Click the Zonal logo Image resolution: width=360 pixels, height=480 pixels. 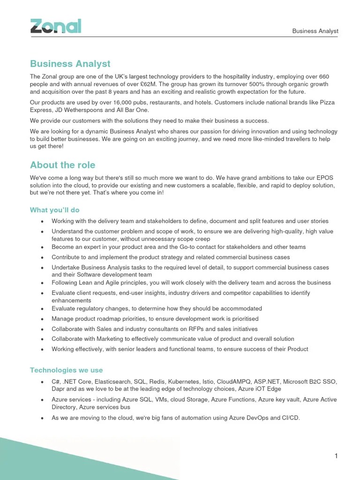pyautogui.click(x=56, y=26)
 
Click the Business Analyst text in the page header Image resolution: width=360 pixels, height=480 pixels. pyautogui.click(x=315, y=31)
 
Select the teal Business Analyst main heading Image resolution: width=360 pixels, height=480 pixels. pyautogui.click(x=70, y=63)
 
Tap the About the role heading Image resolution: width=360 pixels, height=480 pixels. pyautogui.click(x=62, y=165)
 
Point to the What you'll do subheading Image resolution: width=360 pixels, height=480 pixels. pyautogui.click(x=55, y=210)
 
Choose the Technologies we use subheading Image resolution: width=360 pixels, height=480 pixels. pyautogui.click(x=66, y=370)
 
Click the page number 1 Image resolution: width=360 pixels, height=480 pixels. pyautogui.click(x=336, y=456)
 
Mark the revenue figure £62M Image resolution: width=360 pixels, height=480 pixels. pyautogui.click(x=146, y=84)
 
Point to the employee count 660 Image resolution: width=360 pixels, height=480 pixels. pyautogui.click(x=324, y=76)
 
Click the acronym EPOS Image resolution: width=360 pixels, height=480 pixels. pyautogui.click(x=324, y=178)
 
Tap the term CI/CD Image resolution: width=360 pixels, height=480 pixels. pyautogui.click(x=289, y=418)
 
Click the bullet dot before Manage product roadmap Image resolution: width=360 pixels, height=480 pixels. pyautogui.click(x=43, y=319)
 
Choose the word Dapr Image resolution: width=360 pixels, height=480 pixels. pyautogui.click(x=59, y=390)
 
